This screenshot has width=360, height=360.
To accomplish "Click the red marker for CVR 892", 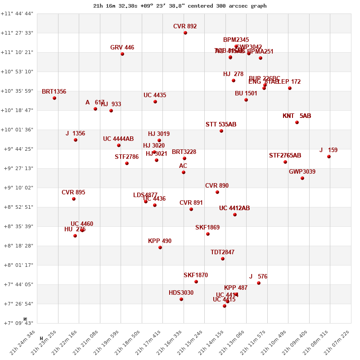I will pyautogui.click(x=185, y=33).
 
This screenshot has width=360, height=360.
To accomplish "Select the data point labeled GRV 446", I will pyautogui.click(x=122, y=54).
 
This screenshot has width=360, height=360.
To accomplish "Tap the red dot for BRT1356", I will pyautogui.click(x=54, y=98).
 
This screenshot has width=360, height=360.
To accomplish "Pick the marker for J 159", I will pyautogui.click(x=329, y=157).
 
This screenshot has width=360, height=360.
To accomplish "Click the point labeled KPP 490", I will pyautogui.click(x=160, y=247).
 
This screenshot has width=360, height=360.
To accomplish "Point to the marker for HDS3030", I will pyautogui.click(x=181, y=299).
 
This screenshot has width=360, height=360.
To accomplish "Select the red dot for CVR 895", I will pyautogui.click(x=74, y=199).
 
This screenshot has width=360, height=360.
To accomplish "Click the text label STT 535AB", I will pyautogui.click(x=221, y=124).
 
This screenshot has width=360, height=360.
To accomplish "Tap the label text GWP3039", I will pyautogui.click(x=302, y=171).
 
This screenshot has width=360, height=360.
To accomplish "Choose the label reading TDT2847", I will pyautogui.click(x=222, y=252).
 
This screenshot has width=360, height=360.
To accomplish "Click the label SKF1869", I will pyautogui.click(x=207, y=227).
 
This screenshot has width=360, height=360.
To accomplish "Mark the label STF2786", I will pyautogui.click(x=126, y=157).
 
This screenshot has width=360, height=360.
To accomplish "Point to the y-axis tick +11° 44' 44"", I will pyautogui.click(x=17, y=13).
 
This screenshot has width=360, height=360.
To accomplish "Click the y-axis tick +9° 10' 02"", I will pyautogui.click(x=17, y=188).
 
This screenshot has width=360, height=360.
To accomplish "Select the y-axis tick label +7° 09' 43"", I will pyautogui.click(x=17, y=323).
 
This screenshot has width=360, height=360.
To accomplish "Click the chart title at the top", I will pyautogui.click(x=180, y=6).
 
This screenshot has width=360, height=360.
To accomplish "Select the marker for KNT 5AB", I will pyautogui.click(x=297, y=122).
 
